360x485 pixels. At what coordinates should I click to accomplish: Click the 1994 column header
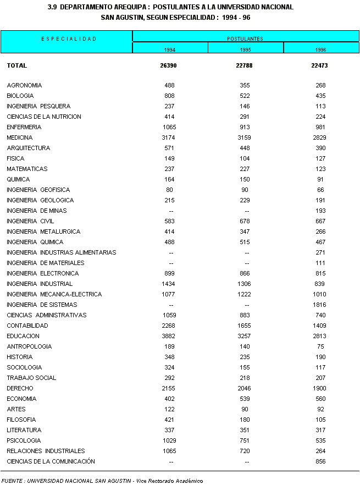point(170,49)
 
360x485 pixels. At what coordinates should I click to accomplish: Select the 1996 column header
point(321,49)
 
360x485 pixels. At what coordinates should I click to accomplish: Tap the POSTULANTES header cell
point(245,38)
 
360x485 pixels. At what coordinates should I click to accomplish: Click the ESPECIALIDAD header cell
point(69,38)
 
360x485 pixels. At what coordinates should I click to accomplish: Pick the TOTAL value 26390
point(168,65)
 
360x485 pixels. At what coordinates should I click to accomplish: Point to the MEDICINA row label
point(20,137)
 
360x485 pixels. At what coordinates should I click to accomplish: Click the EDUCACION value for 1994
point(169,336)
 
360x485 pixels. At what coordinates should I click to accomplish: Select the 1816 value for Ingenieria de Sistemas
point(320,305)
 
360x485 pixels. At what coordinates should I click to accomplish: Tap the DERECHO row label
point(18,388)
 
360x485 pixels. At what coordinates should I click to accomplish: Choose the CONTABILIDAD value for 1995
point(245,326)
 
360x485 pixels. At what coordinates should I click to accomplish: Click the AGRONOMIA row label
point(24,85)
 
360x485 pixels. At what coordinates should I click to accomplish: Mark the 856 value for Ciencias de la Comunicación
point(320,461)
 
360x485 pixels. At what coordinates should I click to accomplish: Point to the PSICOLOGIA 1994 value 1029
point(169,440)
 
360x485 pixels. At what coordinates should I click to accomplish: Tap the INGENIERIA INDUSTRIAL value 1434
point(169,284)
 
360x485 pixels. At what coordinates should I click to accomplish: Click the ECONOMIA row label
point(21,399)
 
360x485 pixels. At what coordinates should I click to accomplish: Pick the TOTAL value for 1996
point(319,65)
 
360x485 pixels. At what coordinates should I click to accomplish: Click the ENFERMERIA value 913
point(245,127)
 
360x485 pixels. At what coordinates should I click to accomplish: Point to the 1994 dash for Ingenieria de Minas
point(171,211)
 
